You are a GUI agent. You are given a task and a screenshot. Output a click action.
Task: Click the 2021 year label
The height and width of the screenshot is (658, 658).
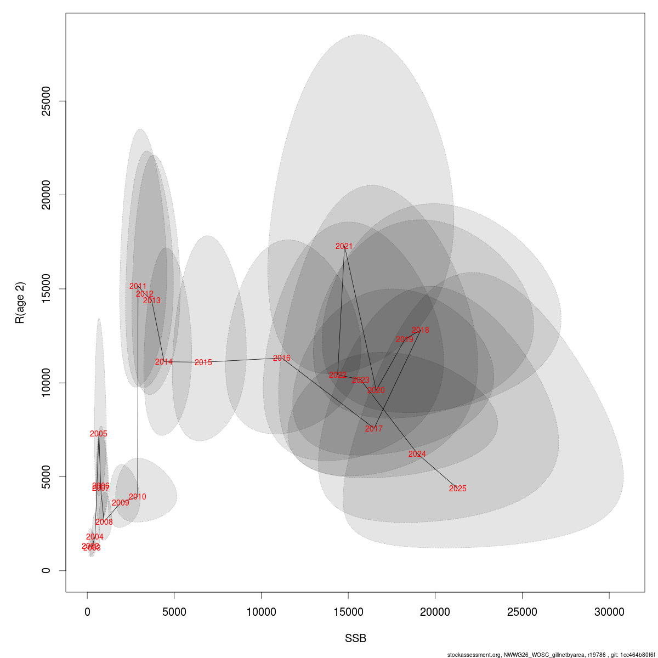pos(344,247)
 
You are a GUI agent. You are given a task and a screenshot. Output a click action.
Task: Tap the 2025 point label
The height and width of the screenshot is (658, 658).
pos(457,489)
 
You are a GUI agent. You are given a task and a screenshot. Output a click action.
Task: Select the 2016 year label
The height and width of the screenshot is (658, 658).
pos(281,359)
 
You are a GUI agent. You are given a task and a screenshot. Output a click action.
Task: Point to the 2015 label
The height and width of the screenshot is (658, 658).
pos(203,363)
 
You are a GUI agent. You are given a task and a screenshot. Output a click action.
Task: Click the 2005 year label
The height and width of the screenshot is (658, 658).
pos(99,434)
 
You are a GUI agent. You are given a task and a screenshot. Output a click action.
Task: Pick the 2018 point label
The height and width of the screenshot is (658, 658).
pos(420,331)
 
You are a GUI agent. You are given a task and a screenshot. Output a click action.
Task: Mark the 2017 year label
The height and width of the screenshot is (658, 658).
pos(373,429)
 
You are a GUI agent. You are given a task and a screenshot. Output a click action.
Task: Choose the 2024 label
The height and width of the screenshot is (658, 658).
pos(417,455)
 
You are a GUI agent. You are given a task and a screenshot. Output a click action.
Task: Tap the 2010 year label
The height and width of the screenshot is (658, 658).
pos(137,497)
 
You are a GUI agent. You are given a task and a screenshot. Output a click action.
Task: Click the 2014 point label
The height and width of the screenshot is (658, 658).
pos(163,362)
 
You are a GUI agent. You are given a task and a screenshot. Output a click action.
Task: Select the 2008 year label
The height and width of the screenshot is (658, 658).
pos(104,523)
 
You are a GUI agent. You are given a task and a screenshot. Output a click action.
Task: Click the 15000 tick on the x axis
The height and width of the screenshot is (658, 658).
pos(348,612)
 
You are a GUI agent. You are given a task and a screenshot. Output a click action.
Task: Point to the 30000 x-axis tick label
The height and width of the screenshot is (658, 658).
pos(609,612)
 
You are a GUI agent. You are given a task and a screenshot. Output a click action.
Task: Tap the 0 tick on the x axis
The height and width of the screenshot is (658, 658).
pos(87,612)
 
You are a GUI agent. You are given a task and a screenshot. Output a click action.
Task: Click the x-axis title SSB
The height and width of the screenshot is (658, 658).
pos(355,639)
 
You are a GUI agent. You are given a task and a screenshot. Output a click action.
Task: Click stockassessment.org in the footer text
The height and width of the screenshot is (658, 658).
pos(474,655)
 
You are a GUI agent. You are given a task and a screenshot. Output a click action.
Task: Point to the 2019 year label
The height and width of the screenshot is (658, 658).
pos(404,340)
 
